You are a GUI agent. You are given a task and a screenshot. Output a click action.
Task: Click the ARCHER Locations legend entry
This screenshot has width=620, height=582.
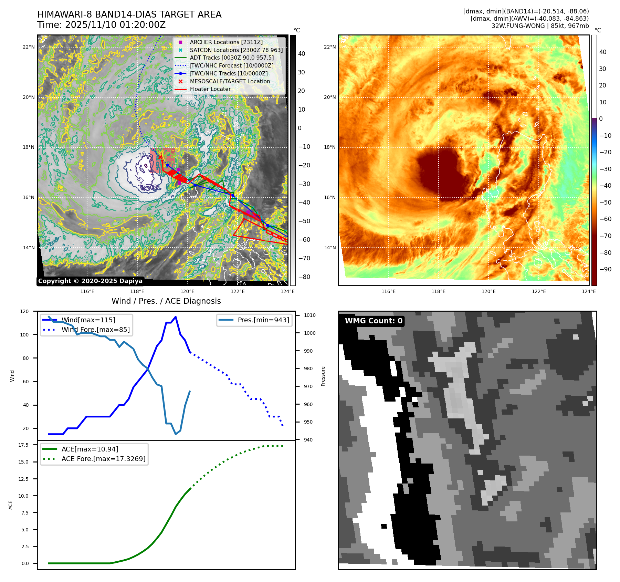226,42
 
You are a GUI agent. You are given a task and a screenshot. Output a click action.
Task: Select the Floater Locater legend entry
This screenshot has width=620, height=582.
210,89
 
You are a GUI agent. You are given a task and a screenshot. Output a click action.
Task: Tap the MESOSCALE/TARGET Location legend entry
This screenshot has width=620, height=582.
230,81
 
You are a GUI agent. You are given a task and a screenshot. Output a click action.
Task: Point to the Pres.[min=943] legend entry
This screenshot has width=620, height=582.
263,320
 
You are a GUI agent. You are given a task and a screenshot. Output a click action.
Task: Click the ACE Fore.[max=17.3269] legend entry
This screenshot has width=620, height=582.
103,459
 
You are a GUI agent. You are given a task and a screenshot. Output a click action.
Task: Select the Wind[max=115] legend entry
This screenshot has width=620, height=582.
88,320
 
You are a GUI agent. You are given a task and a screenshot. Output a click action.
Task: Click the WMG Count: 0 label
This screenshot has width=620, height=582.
374,321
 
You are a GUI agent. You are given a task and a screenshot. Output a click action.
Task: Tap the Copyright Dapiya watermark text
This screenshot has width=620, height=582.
90,281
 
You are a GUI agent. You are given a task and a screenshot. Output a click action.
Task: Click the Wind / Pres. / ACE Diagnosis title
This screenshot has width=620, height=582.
166,301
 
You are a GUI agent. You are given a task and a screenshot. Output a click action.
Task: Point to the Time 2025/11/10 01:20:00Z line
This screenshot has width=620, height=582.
102,25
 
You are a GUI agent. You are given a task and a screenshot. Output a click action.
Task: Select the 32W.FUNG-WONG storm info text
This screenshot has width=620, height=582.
540,26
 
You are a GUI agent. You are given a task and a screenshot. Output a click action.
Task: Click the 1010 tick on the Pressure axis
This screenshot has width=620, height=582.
309,315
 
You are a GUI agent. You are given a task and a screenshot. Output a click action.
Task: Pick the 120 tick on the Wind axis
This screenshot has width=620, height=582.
24,311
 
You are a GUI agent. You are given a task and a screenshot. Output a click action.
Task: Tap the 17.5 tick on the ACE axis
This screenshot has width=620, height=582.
23,445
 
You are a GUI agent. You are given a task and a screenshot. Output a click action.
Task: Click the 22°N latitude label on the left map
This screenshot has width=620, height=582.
29,47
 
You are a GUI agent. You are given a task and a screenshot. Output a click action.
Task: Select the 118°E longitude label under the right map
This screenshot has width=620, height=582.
438,291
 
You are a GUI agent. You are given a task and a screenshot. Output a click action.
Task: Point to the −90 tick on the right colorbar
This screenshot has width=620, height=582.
605,269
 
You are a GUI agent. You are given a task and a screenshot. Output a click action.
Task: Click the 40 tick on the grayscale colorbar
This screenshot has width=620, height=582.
302,54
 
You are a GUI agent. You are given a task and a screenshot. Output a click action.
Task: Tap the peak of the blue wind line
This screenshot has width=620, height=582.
176,316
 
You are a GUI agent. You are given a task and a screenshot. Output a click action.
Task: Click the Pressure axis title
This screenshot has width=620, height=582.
323,376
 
